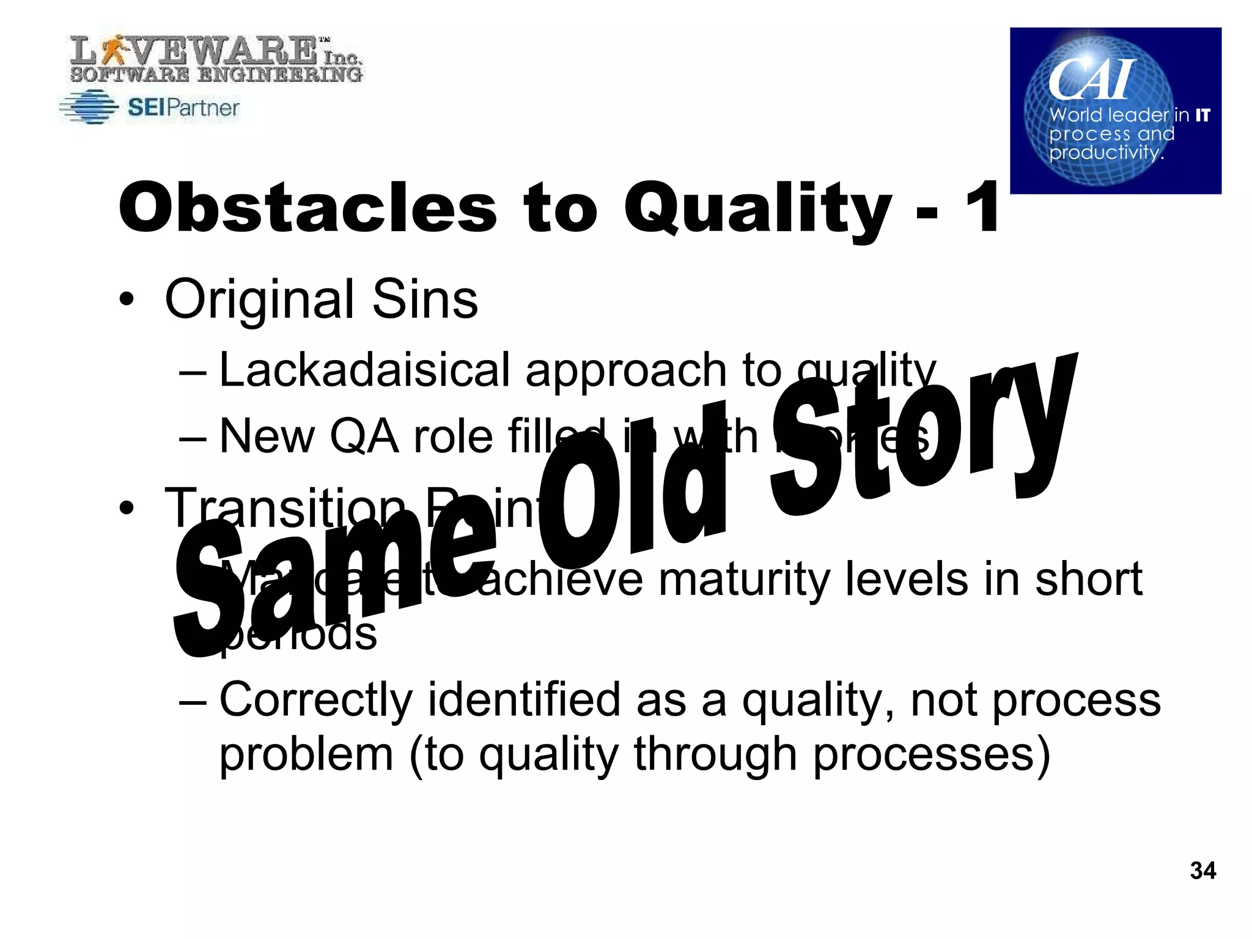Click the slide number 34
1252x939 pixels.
pyautogui.click(x=1202, y=871)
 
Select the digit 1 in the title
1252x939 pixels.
pyautogui.click(x=982, y=208)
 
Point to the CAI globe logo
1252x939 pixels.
pyautogui.click(x=1115, y=111)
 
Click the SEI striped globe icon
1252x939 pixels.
pyautogui.click(x=89, y=107)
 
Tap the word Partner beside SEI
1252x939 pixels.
pyautogui.click(x=202, y=108)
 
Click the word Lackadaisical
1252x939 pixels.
pyautogui.click(x=364, y=370)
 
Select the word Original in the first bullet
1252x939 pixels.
pyautogui.click(x=260, y=300)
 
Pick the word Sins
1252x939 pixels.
pyautogui.click(x=425, y=300)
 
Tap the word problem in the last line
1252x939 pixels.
pyautogui.click(x=306, y=755)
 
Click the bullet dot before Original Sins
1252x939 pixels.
pyautogui.click(x=127, y=300)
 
